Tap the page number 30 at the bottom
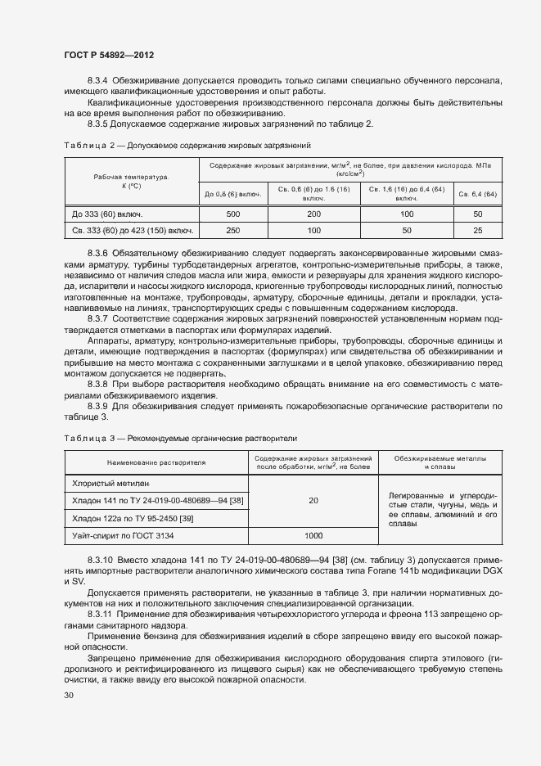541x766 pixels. click(x=68, y=695)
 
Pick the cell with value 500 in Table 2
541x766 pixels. click(x=232, y=214)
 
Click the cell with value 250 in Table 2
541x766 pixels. click(x=232, y=230)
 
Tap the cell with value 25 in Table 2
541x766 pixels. click(x=478, y=230)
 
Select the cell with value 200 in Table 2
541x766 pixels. click(x=313, y=214)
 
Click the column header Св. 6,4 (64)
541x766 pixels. click(x=478, y=194)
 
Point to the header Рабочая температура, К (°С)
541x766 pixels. click(x=130, y=181)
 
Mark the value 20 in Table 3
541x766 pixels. click(x=313, y=500)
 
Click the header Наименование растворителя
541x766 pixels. click(x=156, y=462)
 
